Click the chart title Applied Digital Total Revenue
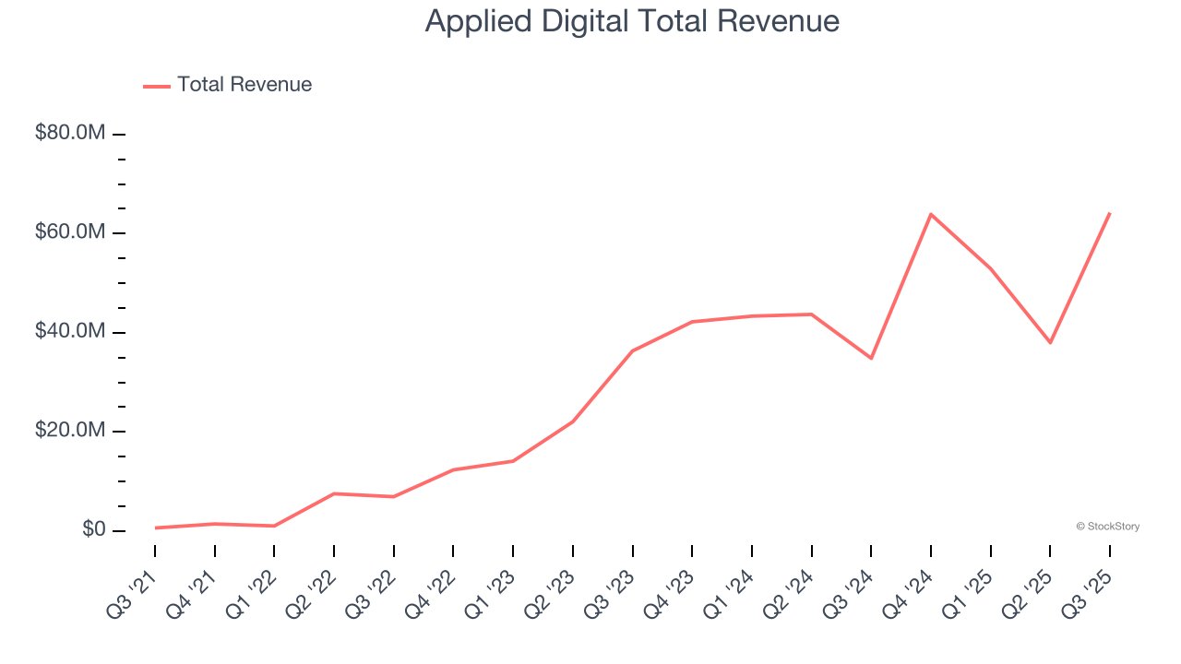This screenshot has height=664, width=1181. coord(632,21)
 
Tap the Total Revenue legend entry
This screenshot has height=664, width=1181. coord(229,85)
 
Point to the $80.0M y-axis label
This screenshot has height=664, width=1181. coord(70,133)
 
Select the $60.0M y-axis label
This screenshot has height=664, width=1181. coord(70,231)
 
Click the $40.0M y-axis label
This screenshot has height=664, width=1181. coord(70,331)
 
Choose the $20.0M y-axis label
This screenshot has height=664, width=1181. coord(70,431)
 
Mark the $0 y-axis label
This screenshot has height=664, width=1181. coord(94,529)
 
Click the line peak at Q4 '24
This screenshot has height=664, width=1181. coord(931,214)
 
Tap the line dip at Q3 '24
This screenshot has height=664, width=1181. coord(871,358)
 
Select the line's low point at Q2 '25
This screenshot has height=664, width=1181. coord(1050,342)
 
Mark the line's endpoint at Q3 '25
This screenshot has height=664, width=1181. coord(1109,213)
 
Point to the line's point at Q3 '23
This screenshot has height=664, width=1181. coord(632,350)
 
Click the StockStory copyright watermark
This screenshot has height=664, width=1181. coord(1107,527)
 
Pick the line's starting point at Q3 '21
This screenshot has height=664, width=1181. coord(155,528)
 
